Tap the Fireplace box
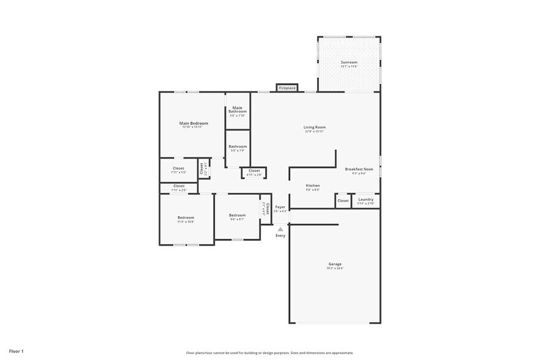click(x=287, y=88)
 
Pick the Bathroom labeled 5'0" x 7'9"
click(x=238, y=148)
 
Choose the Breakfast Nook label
click(x=359, y=170)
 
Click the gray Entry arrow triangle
click(x=280, y=229)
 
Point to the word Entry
click(x=280, y=236)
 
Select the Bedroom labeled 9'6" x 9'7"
click(x=237, y=216)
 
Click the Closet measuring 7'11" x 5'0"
click(x=178, y=170)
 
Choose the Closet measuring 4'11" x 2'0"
click(x=254, y=172)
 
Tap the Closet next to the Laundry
click(x=343, y=200)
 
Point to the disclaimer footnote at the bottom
click(x=269, y=353)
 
